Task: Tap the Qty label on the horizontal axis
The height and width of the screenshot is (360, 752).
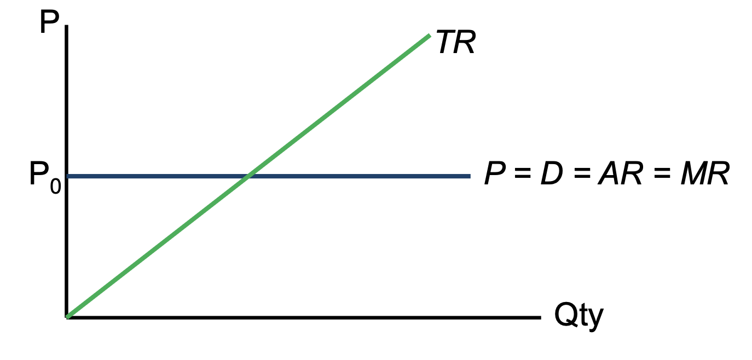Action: pos(579,316)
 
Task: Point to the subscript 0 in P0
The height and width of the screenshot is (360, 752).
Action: pos(55,187)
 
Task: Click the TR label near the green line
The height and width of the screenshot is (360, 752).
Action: pos(456,43)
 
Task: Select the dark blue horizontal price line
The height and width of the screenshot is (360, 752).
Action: pos(356,176)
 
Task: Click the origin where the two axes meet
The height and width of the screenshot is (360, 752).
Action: pos(67,317)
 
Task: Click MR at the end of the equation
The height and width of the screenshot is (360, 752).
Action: pos(705,175)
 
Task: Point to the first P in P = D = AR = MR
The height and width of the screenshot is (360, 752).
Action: pos(495,175)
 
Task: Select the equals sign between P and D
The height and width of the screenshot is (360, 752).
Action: pos(522,175)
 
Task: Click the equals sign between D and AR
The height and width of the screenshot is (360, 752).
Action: pos(581,175)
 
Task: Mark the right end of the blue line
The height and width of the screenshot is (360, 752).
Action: pos(469,176)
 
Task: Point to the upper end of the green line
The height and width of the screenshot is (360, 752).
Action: pos(429,36)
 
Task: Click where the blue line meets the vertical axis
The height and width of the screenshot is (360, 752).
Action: pos(67,176)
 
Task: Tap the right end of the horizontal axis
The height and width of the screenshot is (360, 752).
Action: pos(539,317)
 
